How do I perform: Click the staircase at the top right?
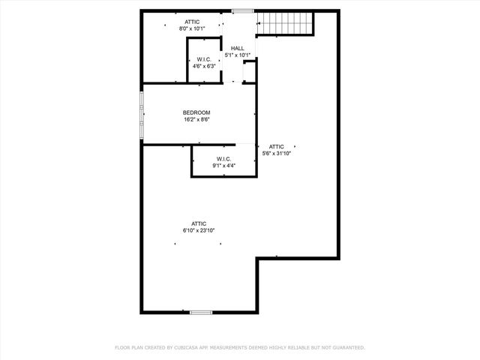pos(284,24)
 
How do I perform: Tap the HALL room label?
pos(237,49)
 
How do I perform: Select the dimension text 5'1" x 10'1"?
pos(237,55)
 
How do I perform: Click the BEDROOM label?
pos(196,112)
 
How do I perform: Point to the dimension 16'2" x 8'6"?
pos(196,119)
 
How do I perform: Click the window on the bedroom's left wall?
pos(141,115)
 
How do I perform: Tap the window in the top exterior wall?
pos(242,10)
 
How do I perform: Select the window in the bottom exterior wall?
pos(200,312)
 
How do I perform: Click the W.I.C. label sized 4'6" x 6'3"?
pos(204,59)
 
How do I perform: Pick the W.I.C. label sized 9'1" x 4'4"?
pos(223,158)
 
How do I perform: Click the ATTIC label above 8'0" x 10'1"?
pos(192,22)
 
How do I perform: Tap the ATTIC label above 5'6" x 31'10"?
pos(277,146)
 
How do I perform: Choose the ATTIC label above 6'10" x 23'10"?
pos(199,223)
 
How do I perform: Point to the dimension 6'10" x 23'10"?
pos(199,230)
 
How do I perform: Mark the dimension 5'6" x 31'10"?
pos(277,153)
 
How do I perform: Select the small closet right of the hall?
pos(249,71)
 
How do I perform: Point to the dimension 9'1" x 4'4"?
pos(223,165)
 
